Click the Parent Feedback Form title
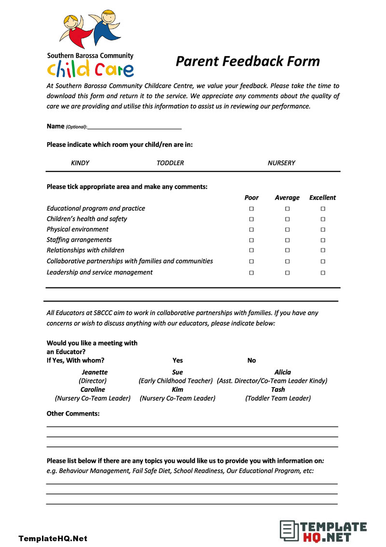(x=248, y=61)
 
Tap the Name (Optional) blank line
(x=135, y=127)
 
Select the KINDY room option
(x=80, y=163)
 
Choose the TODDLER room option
(x=170, y=163)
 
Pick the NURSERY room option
(x=281, y=163)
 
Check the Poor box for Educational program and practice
(x=251, y=209)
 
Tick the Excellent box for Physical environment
(x=323, y=230)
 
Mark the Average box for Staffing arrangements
(x=287, y=240)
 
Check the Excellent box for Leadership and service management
(x=323, y=273)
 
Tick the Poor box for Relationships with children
(x=251, y=250)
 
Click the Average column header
(x=287, y=198)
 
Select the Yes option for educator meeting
(x=178, y=360)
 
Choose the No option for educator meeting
(x=251, y=360)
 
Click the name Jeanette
(x=95, y=372)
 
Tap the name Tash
(x=278, y=389)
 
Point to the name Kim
(x=178, y=389)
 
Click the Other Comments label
(x=73, y=414)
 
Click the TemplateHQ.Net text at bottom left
(x=53, y=538)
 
